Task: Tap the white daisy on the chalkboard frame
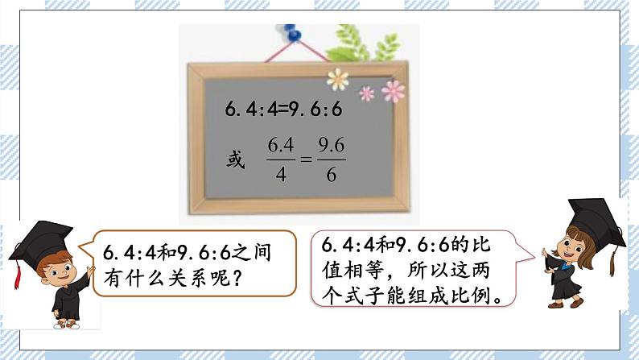pyautogui.click(x=337, y=78)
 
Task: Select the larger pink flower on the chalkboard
pyautogui.click(x=393, y=91)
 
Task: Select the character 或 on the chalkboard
pyautogui.click(x=234, y=159)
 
